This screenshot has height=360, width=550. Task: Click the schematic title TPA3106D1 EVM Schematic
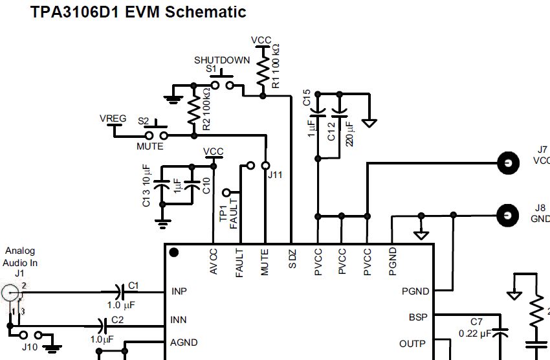click(138, 12)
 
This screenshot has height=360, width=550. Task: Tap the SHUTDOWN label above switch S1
click(222, 60)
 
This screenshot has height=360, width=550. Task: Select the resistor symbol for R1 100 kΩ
click(263, 69)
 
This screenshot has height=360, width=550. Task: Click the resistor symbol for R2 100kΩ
click(193, 111)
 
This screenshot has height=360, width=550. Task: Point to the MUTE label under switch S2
click(149, 146)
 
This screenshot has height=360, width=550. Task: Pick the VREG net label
click(113, 118)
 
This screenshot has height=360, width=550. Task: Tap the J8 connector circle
click(509, 214)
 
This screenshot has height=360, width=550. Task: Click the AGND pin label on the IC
click(183, 343)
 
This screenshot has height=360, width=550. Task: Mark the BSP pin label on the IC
click(417, 317)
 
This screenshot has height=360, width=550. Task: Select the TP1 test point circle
click(226, 192)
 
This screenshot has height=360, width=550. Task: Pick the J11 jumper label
click(275, 174)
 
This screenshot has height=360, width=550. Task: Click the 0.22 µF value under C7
click(476, 333)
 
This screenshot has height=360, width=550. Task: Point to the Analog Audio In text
click(20, 256)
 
